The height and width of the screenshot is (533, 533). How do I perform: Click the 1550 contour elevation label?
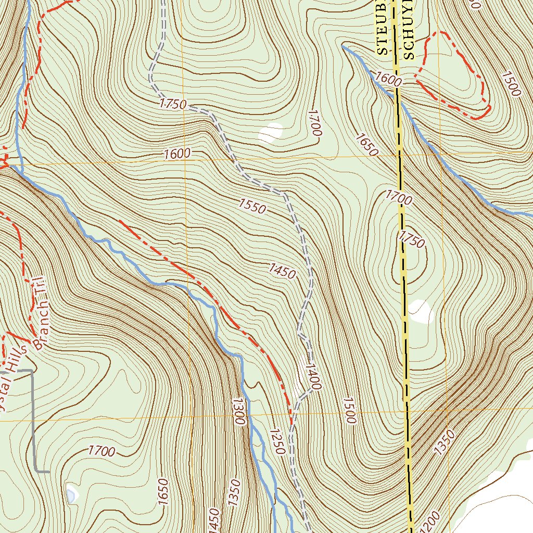click(x=253, y=206)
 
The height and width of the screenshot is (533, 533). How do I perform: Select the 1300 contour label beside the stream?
click(x=239, y=412)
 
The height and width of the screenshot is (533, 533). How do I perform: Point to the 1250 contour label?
click(x=276, y=441)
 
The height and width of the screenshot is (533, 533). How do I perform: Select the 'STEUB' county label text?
click(x=384, y=29)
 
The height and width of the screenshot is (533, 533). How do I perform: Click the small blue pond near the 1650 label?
click(x=71, y=493)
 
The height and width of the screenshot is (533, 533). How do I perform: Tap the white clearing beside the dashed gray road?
click(x=270, y=133)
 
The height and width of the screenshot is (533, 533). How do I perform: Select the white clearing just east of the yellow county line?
click(x=421, y=311)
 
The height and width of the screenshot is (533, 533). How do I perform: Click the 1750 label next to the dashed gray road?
click(x=173, y=104)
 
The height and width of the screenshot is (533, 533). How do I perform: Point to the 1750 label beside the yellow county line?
click(x=412, y=239)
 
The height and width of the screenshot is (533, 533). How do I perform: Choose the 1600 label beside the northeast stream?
click(x=388, y=80)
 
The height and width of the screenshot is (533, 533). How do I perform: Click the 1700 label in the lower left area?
click(x=101, y=451)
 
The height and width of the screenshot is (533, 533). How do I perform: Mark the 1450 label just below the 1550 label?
click(x=282, y=271)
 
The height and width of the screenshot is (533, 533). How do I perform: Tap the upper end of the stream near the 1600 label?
click(x=342, y=46)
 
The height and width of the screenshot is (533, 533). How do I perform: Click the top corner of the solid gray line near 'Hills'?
click(x=33, y=371)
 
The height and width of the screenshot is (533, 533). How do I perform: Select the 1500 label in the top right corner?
click(x=511, y=84)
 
